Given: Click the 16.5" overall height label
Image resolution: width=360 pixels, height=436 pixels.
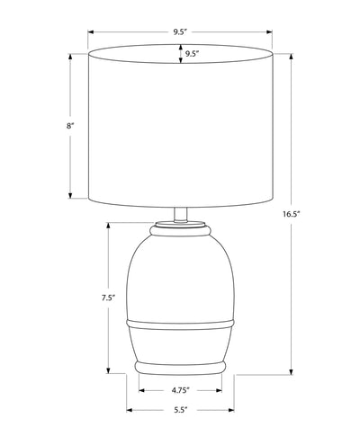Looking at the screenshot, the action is pos(292,214).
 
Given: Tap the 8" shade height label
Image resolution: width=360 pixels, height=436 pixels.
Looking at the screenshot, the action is pos(70,126).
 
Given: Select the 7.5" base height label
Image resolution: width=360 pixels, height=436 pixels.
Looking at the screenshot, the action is pos(108,298).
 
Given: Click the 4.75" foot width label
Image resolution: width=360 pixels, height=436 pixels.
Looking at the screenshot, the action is pos(181,390).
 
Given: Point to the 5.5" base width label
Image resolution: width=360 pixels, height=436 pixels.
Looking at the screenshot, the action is pos(180,410).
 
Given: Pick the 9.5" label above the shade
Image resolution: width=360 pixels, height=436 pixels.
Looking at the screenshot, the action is pos(180,32).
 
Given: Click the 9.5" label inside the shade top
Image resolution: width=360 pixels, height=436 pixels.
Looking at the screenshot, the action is pos(193,54).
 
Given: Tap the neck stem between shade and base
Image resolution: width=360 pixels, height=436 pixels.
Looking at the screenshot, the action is pos(181,215).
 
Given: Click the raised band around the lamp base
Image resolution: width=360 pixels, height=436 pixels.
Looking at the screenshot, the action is pos(180,324).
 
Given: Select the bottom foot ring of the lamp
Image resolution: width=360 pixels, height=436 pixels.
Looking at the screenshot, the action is pos(180,368).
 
